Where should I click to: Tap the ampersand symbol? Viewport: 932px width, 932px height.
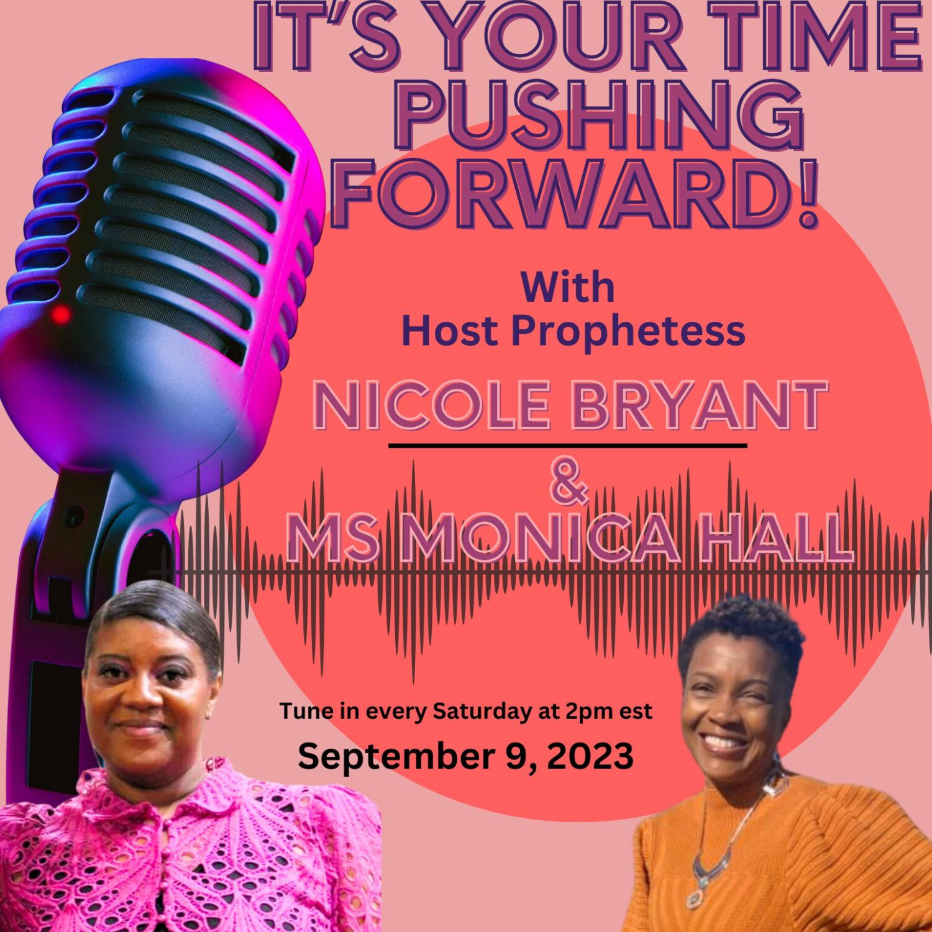click(x=569, y=482)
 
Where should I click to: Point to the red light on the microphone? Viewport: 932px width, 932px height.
click(x=60, y=314)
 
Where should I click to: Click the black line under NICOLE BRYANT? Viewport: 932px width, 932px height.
click(x=568, y=445)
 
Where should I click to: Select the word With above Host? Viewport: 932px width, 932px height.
click(x=568, y=287)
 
